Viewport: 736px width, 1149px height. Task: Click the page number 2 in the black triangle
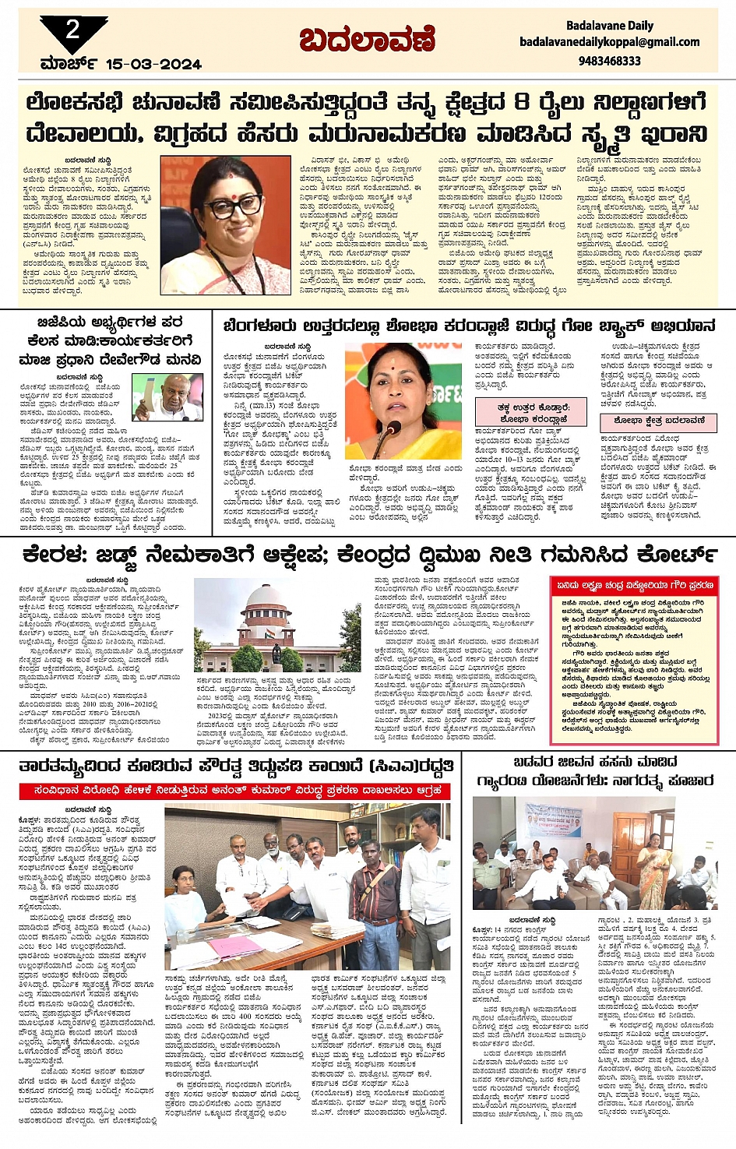click(x=72, y=30)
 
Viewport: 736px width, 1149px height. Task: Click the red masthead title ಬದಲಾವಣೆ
click(x=368, y=39)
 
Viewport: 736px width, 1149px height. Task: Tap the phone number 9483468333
click(x=610, y=60)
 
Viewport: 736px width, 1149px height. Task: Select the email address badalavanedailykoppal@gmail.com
click(x=610, y=42)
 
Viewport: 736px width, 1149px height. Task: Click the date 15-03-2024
click(x=153, y=64)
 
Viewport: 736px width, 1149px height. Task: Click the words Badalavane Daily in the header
click(x=610, y=26)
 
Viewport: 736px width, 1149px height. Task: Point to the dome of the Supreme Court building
click(x=276, y=595)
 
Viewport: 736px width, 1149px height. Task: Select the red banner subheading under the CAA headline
click(x=234, y=791)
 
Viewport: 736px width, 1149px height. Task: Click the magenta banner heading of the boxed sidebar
click(x=633, y=585)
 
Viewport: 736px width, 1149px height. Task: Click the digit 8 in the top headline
click(x=522, y=102)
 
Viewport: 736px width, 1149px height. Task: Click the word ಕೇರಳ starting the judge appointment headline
click(x=55, y=555)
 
